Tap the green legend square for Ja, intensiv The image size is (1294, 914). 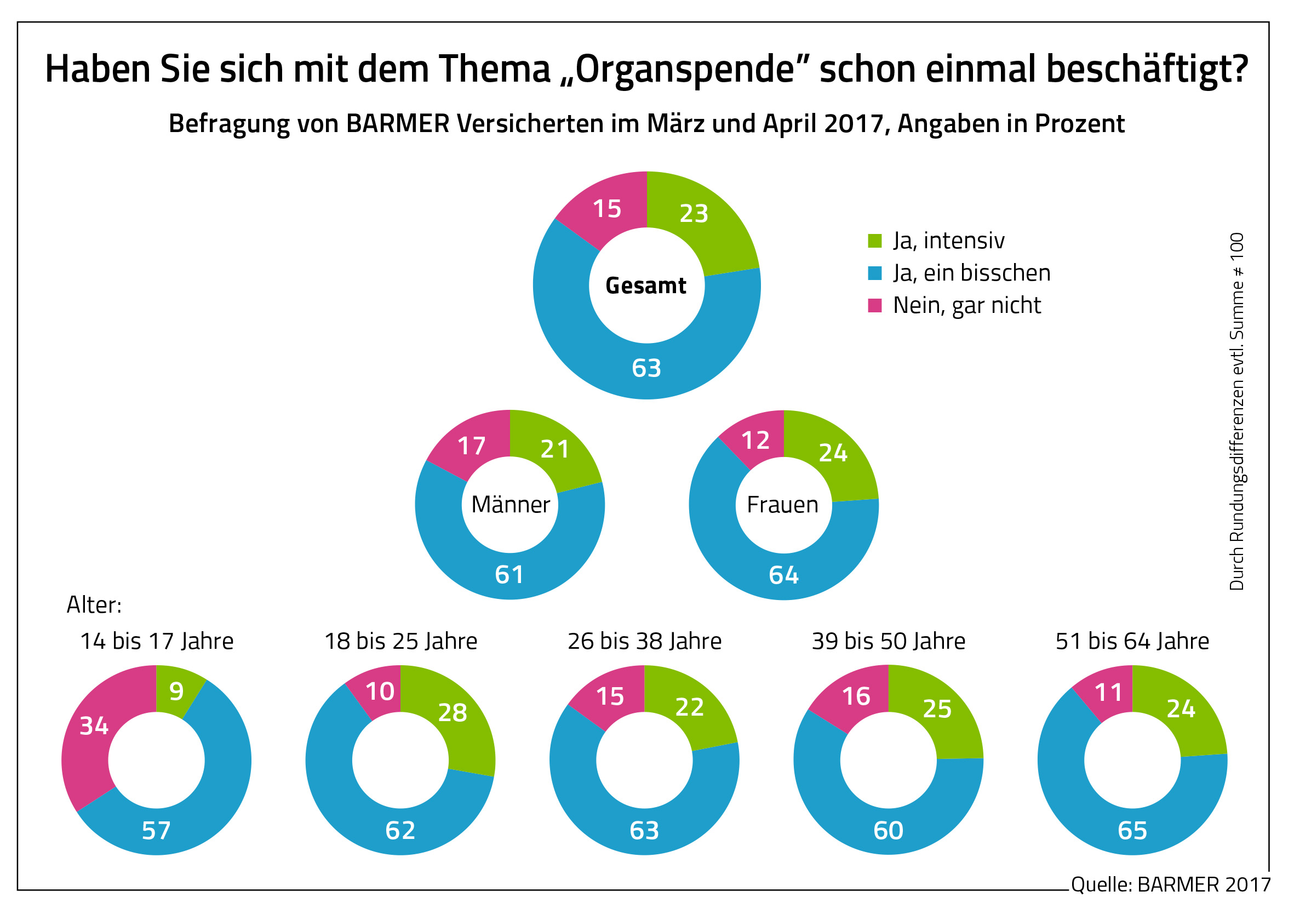[x=874, y=241]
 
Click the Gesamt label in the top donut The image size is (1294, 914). [x=646, y=286]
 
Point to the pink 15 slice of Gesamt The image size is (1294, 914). [x=607, y=209]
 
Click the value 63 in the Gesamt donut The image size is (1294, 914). [x=646, y=368]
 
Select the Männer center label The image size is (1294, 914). [x=510, y=505]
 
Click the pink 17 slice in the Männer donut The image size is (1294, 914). [x=471, y=447]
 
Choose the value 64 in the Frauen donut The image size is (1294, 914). [x=783, y=575]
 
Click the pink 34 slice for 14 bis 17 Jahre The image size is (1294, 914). [x=94, y=726]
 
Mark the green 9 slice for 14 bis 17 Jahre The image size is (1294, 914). [x=176, y=692]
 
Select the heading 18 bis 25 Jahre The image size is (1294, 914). [x=400, y=642]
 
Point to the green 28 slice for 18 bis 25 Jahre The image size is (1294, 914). [x=453, y=713]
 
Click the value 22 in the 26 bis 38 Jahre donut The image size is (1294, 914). [x=689, y=707]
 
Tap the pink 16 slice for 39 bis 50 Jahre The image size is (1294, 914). [x=856, y=697]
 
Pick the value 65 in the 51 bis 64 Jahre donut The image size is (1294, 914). [x=1132, y=831]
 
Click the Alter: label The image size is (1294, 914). [x=94, y=605]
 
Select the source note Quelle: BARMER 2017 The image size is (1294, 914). [x=1171, y=884]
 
